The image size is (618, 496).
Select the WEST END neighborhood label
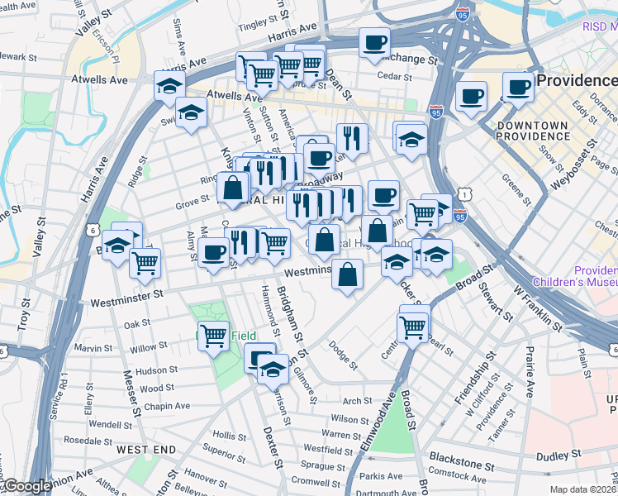tap(146, 449)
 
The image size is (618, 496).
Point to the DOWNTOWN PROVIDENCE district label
tap(533, 130)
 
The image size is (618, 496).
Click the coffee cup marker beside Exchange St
tap(374, 43)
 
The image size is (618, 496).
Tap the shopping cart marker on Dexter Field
tap(214, 336)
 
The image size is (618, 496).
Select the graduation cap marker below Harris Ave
tap(169, 86)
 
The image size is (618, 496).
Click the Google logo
tap(26, 487)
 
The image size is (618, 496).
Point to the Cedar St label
tap(394, 76)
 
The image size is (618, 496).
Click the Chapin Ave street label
tap(165, 406)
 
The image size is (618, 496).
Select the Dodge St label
tap(344, 354)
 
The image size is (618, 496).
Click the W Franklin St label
tap(537, 308)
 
